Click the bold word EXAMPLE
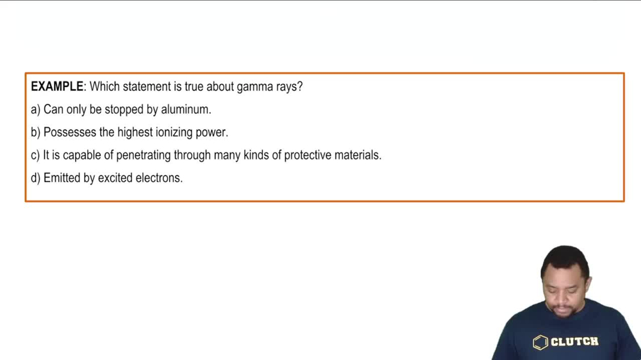click(57, 86)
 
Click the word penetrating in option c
click(144, 155)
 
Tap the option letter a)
click(35, 110)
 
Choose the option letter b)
click(35, 133)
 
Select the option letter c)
click(35, 155)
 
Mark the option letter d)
click(35, 178)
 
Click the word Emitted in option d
click(62, 178)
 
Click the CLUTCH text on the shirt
click(574, 342)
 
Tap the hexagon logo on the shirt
click(540, 343)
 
